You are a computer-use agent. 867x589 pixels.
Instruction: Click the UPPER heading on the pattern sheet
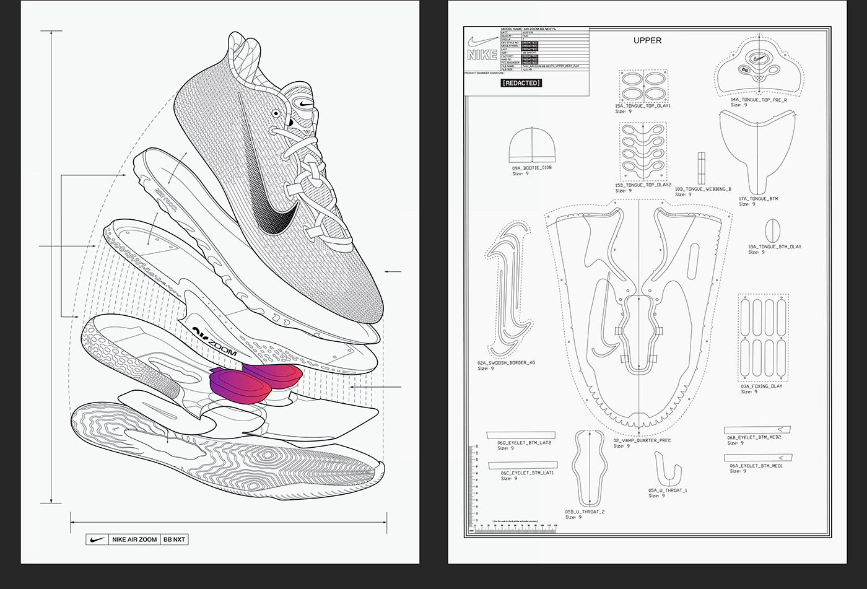coord(647,40)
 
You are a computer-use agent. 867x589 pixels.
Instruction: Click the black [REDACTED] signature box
coord(521,83)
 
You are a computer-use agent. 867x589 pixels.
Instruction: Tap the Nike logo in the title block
coord(482,48)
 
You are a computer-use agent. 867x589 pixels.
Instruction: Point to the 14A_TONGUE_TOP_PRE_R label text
coord(758,99)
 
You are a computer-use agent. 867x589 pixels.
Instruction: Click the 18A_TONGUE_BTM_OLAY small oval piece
coord(772,231)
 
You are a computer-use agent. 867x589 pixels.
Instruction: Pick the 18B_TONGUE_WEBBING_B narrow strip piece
coord(702,168)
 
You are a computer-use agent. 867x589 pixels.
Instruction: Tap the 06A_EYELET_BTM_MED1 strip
coord(758,458)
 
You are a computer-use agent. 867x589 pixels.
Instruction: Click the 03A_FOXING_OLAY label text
coord(761,386)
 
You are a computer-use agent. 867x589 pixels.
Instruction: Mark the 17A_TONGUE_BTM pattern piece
coord(757,149)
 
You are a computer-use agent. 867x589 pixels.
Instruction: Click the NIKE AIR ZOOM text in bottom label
coord(134,539)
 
